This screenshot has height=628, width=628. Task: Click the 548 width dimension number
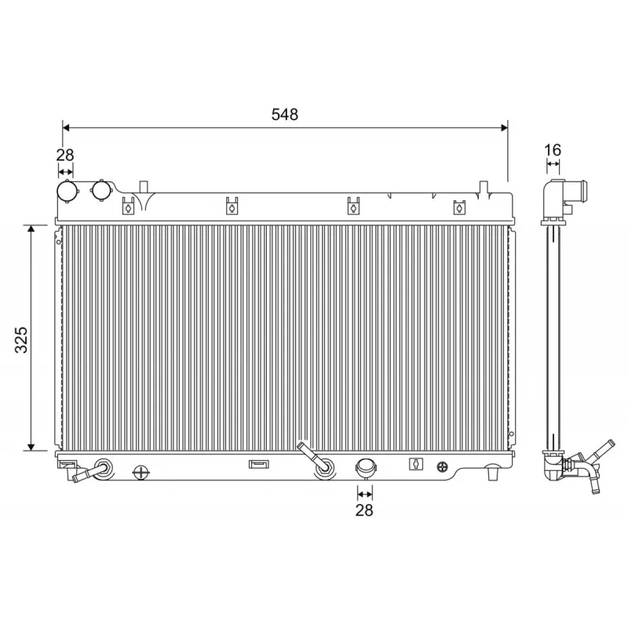285,115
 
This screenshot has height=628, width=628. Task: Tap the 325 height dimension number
21,340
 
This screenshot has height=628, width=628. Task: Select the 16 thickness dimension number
553,150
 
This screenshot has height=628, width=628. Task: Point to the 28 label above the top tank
65,155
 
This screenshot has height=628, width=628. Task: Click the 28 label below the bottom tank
364,510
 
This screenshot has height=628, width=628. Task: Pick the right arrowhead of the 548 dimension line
504,128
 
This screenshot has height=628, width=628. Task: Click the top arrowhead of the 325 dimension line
31,228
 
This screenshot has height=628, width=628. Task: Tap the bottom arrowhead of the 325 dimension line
31,447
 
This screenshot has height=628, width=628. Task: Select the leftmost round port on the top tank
68,192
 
